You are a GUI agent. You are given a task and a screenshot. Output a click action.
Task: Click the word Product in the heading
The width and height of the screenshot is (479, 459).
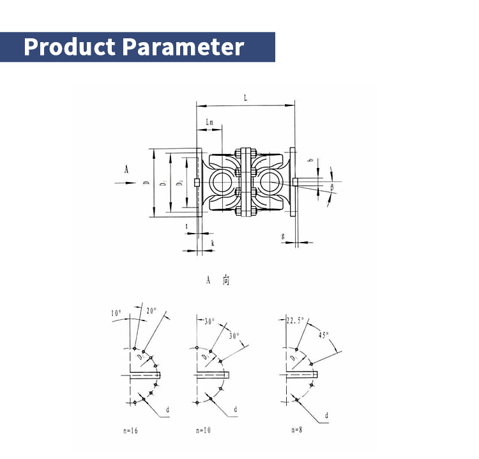(x=70, y=47)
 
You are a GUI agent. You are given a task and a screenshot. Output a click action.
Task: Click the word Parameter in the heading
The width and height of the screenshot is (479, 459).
(x=183, y=47)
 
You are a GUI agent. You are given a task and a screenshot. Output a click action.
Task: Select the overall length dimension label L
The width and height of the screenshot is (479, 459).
(x=246, y=97)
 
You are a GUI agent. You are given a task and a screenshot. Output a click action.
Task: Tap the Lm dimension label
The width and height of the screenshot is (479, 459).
(x=210, y=121)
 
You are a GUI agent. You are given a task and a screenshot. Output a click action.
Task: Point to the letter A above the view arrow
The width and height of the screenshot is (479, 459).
(x=126, y=169)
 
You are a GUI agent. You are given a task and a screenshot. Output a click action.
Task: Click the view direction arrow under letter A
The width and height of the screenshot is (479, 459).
(x=125, y=183)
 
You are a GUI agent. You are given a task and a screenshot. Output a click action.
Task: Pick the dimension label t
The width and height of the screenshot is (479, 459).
(x=186, y=226)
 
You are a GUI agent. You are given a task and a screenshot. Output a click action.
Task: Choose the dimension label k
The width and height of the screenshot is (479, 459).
(x=212, y=244)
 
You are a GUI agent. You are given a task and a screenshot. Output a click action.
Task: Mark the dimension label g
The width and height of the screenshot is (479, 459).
(x=283, y=236)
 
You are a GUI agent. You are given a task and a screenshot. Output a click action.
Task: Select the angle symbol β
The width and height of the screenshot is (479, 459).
(x=332, y=186)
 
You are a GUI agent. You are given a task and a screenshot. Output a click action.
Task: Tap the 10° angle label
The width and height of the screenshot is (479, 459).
(x=116, y=313)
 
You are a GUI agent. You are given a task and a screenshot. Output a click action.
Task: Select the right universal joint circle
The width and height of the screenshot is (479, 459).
(x=268, y=182)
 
